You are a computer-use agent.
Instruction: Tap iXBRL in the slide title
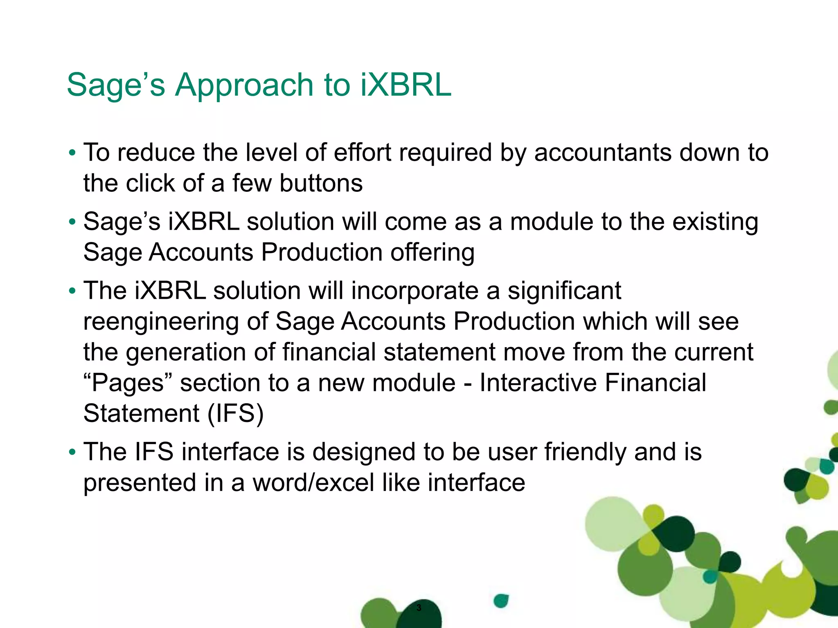tap(406, 85)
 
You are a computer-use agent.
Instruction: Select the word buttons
tap(321, 183)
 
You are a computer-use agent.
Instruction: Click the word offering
tap(433, 252)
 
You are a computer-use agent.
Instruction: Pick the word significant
tap(564, 291)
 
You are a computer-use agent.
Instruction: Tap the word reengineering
tap(161, 322)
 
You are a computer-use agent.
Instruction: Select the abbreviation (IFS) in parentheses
tap(235, 413)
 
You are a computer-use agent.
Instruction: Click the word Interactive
tap(538, 383)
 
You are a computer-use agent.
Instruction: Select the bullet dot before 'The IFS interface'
tap(72, 453)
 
